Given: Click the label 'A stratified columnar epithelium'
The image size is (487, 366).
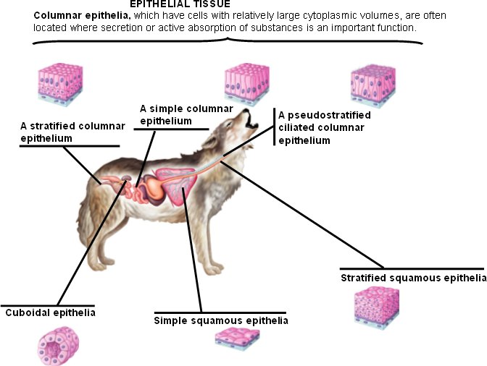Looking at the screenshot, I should click(72, 132).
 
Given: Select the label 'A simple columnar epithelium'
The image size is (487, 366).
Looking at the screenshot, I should click(174, 115).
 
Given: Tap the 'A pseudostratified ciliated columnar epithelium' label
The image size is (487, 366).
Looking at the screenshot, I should click(325, 128).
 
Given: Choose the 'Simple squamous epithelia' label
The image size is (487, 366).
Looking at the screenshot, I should click(221, 320).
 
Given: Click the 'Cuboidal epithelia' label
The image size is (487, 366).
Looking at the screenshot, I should click(51, 313).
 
